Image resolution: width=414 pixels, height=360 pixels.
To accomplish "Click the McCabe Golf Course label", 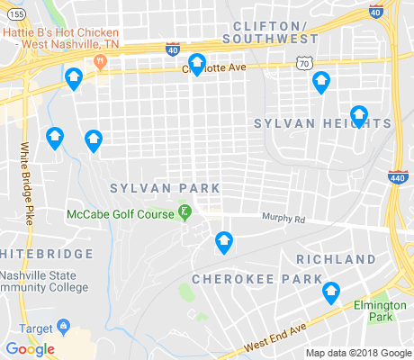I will (121, 213).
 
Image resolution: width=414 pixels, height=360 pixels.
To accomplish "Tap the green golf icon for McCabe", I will (185, 213).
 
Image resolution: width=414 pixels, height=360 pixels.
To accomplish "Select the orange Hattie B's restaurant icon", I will (99, 61).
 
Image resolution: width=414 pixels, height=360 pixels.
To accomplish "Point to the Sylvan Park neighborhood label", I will (165, 188).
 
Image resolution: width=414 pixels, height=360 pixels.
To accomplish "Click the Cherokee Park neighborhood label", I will (243, 279).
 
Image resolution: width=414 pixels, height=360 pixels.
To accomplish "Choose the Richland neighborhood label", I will (336, 259).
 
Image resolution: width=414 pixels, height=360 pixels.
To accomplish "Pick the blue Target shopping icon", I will (63, 325).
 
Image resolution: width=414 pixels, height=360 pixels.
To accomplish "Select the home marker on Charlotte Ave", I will (197, 65).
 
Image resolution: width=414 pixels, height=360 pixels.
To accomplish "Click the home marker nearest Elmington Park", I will (331, 292).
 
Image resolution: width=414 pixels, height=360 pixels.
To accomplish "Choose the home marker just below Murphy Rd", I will (223, 242).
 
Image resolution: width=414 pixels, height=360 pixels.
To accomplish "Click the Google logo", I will (30, 349).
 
